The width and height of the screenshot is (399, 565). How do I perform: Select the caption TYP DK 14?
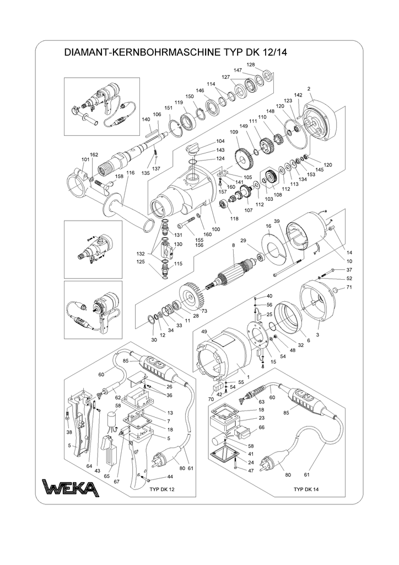[x=306, y=488]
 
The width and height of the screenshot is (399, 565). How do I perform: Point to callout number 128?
[x=251, y=65]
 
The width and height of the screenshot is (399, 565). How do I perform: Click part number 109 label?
[x=234, y=132]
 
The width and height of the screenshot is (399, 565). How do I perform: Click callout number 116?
[x=130, y=173]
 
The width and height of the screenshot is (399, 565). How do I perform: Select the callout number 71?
[x=348, y=288]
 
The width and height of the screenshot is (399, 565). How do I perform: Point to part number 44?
[x=170, y=476]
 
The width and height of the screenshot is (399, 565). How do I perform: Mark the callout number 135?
[x=145, y=173]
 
